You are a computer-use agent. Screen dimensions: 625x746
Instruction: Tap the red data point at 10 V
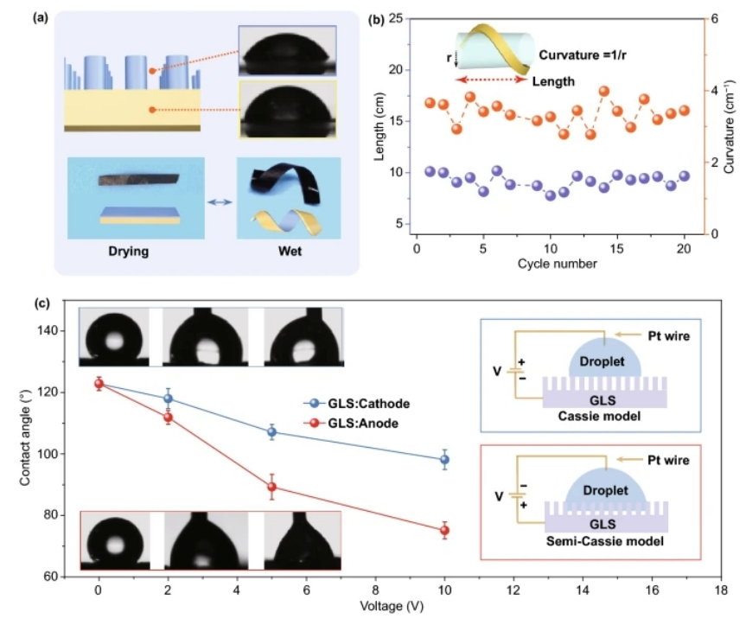(x=444, y=531)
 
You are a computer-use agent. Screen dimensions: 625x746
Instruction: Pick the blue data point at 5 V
(x=271, y=431)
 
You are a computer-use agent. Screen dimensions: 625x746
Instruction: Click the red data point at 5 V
(x=271, y=487)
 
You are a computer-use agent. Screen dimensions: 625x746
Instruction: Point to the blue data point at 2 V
(x=168, y=399)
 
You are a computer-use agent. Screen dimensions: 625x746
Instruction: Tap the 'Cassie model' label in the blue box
(x=604, y=417)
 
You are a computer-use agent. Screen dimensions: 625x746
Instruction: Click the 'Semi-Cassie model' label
(x=605, y=543)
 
